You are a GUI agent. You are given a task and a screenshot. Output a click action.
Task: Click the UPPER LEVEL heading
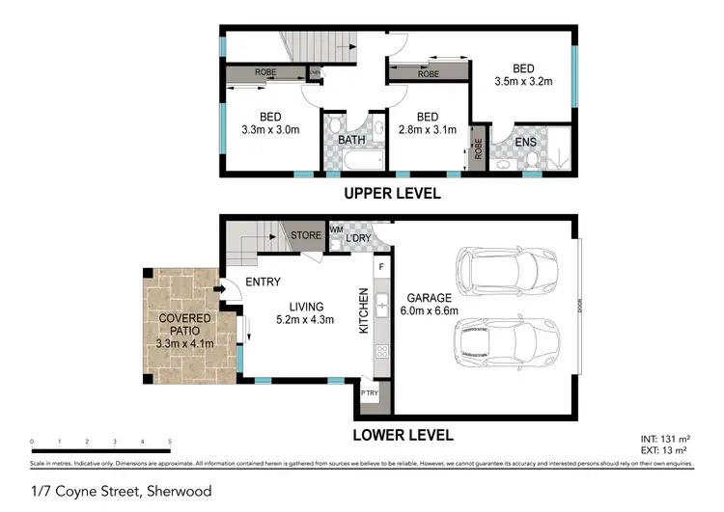click(392, 194)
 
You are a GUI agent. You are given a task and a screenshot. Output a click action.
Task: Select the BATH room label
click(351, 140)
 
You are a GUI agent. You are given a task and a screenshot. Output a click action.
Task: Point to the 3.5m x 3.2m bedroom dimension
click(523, 82)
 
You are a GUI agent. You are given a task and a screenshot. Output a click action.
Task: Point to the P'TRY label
click(369, 393)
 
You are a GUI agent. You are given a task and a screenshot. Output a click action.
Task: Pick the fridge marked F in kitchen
click(381, 266)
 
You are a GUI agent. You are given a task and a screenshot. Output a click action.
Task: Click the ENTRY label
click(263, 283)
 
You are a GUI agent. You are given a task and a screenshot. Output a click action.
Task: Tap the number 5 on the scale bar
click(170, 442)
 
